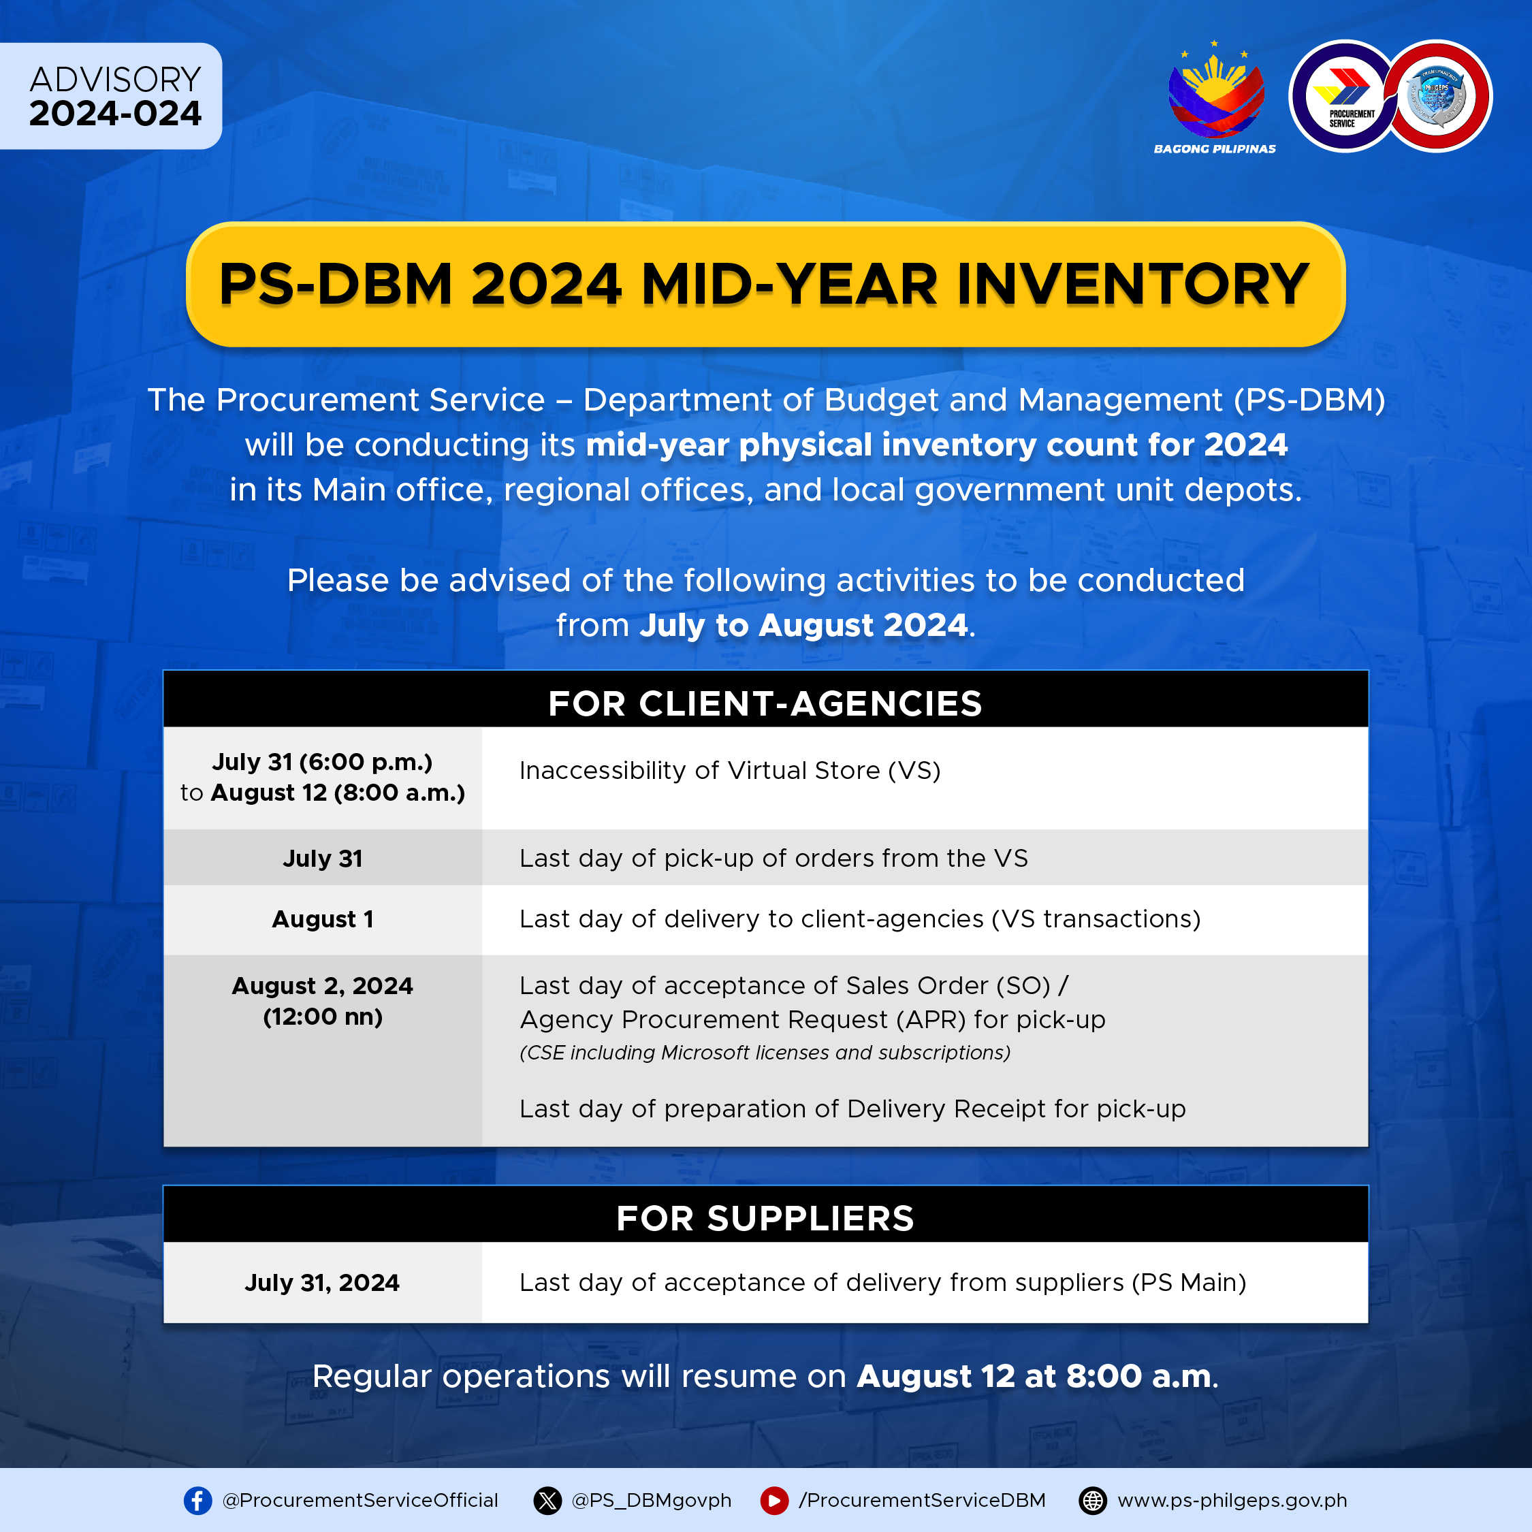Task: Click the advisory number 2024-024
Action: coord(115,114)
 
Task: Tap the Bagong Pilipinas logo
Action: coord(1215,97)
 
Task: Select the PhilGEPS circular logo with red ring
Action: coord(1437,96)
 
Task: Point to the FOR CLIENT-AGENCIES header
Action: coord(765,703)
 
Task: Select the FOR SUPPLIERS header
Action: coord(765,1218)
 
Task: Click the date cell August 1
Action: coord(323,919)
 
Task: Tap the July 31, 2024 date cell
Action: coord(322,1282)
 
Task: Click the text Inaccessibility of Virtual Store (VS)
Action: coord(729,771)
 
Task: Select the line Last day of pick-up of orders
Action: coord(773,858)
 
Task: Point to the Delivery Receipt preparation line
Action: coord(852,1108)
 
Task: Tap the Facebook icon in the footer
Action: coord(197,1500)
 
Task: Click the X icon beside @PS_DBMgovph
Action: coord(547,1500)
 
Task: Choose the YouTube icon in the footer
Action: coord(774,1500)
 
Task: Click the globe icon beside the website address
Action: coord(1093,1500)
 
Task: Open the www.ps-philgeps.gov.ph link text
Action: coord(1232,1500)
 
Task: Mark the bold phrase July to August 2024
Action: coord(803,625)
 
